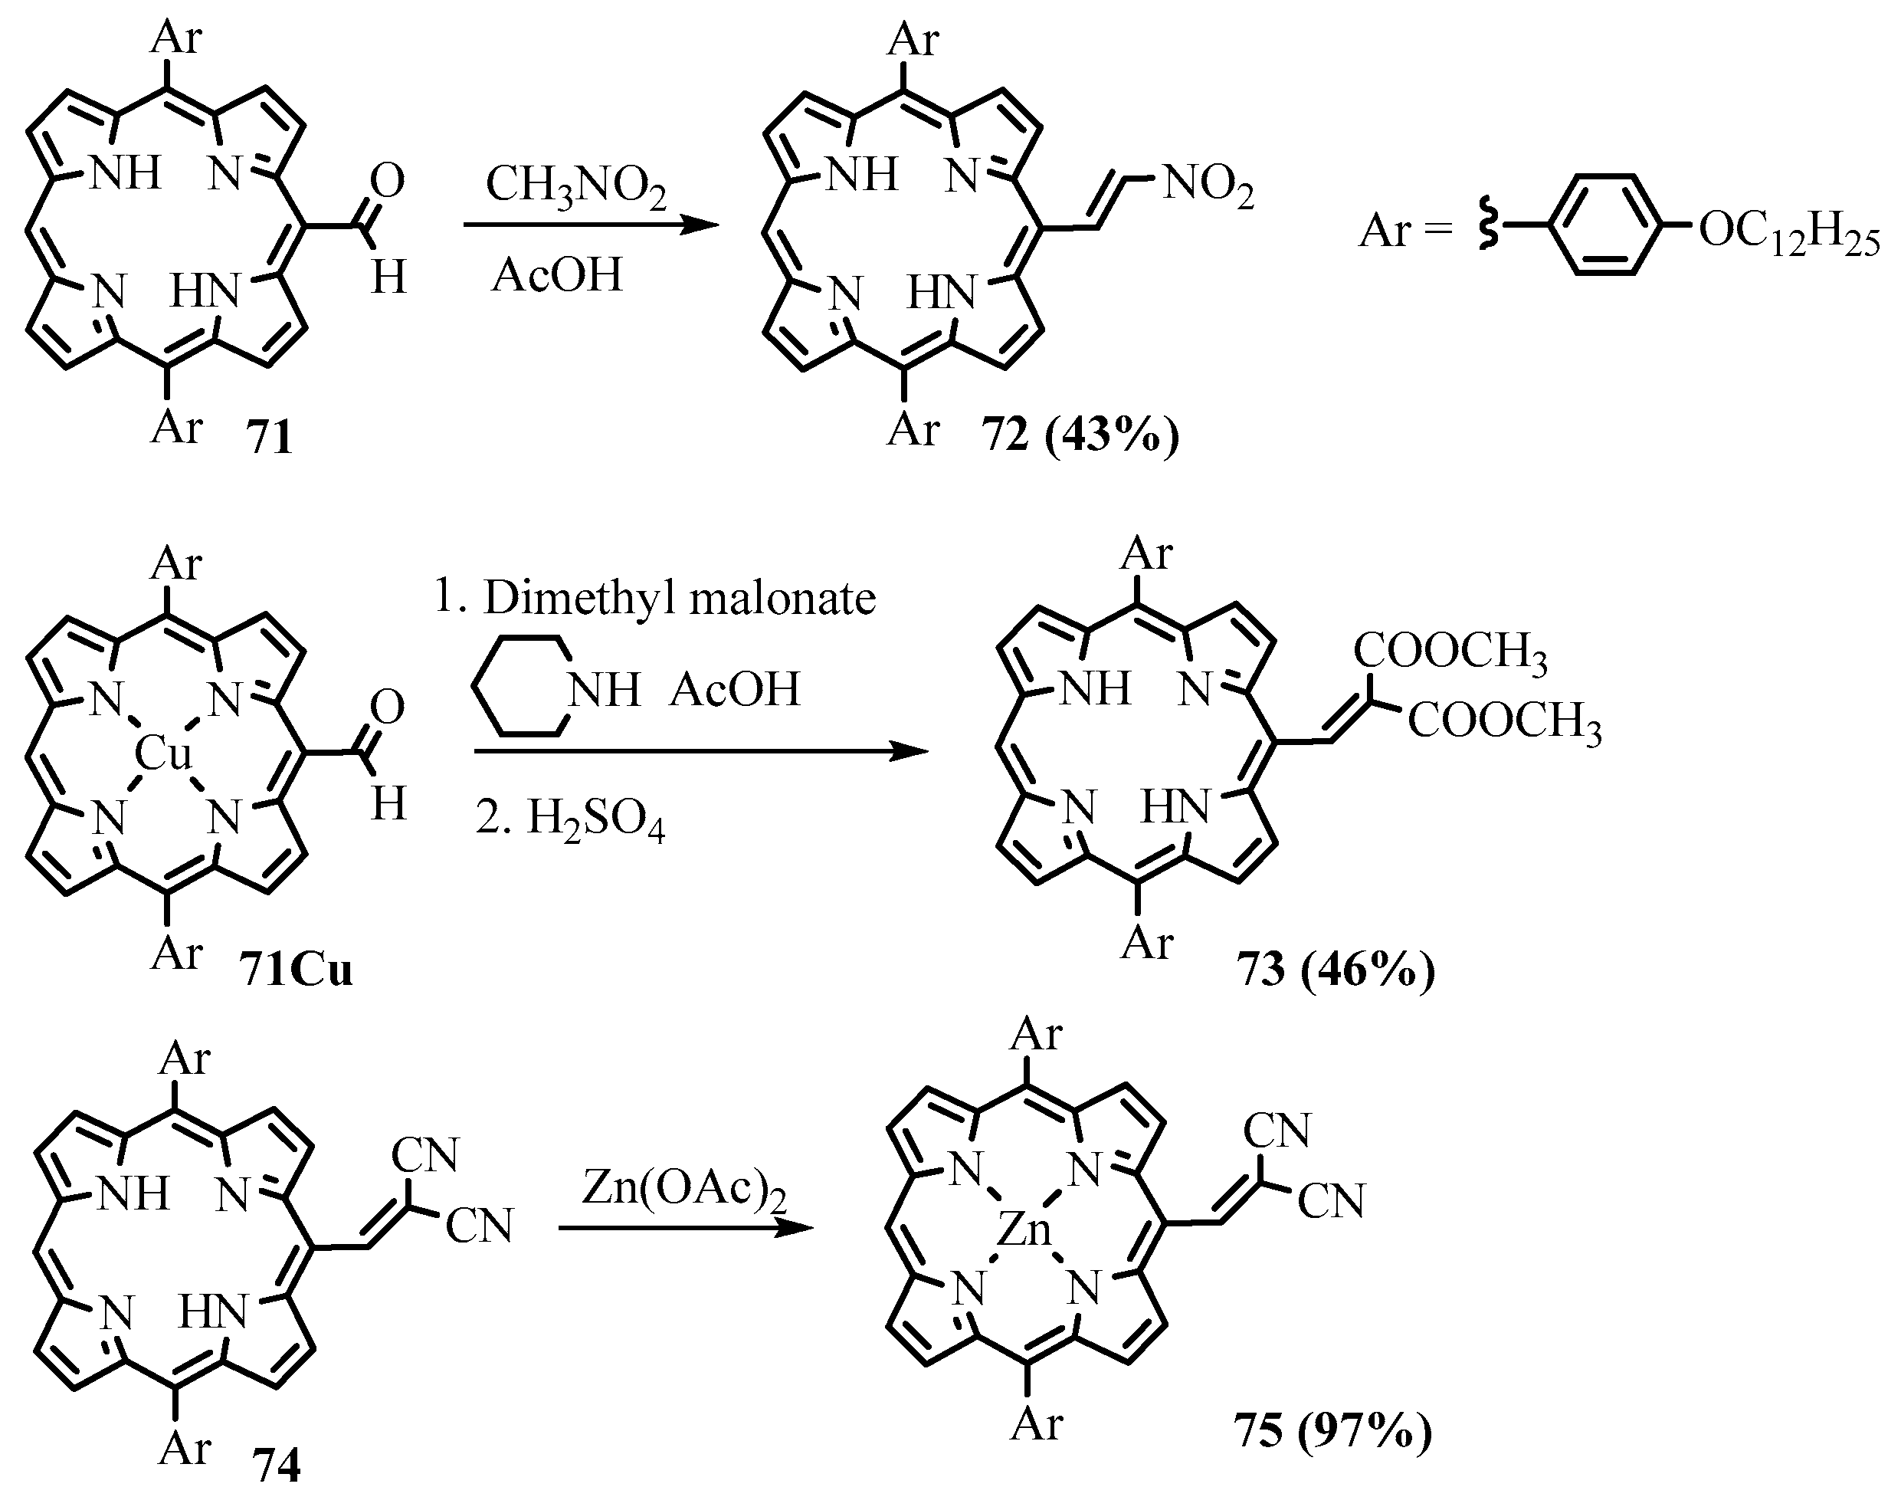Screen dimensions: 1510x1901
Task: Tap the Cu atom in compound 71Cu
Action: click(x=163, y=755)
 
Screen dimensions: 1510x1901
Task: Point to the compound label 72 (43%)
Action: click(x=1080, y=435)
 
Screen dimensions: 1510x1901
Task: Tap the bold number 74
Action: click(x=275, y=1466)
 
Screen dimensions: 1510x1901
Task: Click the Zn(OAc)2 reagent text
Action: click(x=683, y=1190)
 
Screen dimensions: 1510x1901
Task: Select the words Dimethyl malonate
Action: click(x=679, y=599)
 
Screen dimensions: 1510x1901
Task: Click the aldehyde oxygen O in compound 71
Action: click(x=386, y=180)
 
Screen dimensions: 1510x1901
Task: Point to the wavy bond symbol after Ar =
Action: click(x=1487, y=227)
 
